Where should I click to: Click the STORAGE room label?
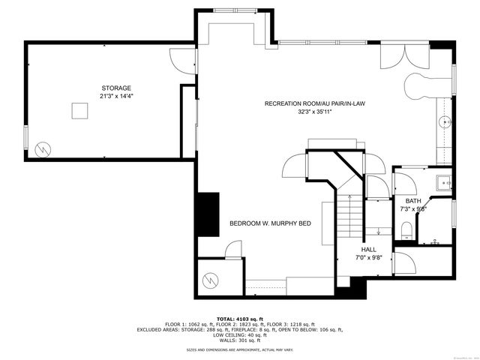point(116,88)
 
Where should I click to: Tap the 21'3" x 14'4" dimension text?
point(116,96)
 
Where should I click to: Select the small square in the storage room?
point(80,110)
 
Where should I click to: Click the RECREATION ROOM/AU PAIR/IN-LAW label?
point(314,103)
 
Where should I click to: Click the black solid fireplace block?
point(207,214)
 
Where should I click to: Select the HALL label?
point(369,249)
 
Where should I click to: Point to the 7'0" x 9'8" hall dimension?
point(369,257)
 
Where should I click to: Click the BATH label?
point(413,201)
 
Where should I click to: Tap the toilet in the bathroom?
point(406,228)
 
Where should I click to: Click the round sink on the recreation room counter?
point(445,120)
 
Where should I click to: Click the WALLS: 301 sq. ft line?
point(239,338)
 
